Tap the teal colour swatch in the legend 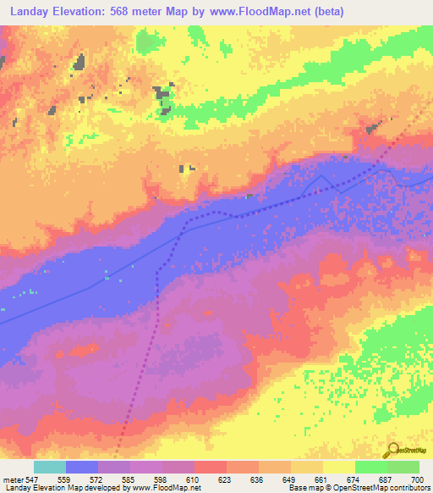tap(50, 467)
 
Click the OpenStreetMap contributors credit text tap(375, 488)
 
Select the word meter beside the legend tap(12, 479)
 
